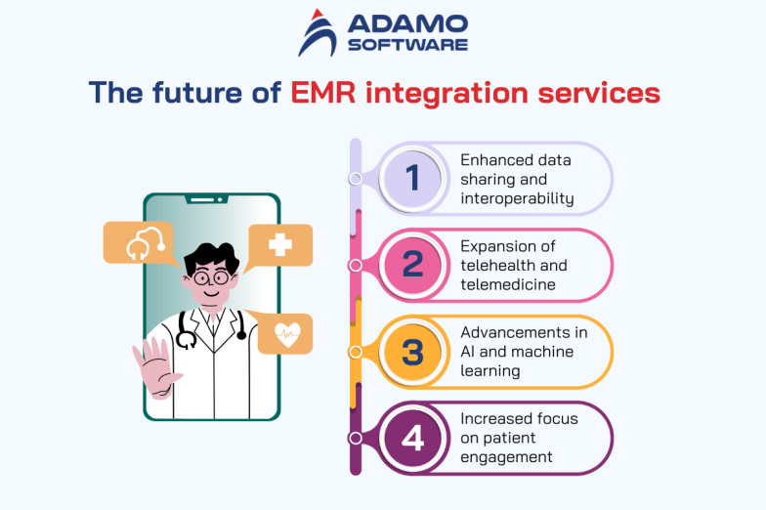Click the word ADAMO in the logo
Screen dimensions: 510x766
tap(402, 23)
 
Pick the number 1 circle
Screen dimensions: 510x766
tap(412, 179)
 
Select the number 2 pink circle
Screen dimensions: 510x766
tap(412, 265)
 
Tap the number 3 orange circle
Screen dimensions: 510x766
tap(412, 351)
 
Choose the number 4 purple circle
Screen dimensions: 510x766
tap(412, 438)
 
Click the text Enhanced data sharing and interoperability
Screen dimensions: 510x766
tap(517, 179)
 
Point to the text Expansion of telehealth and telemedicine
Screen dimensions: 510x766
tap(514, 265)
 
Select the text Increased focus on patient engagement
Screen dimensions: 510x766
tap(519, 438)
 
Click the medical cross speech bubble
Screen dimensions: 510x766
tap(280, 244)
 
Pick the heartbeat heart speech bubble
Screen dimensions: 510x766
tap(286, 333)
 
